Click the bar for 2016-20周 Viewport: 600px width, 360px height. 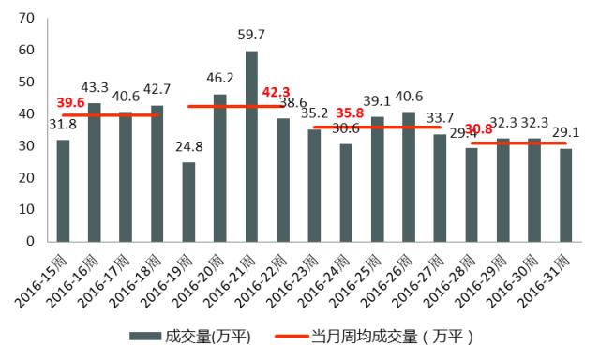220,168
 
